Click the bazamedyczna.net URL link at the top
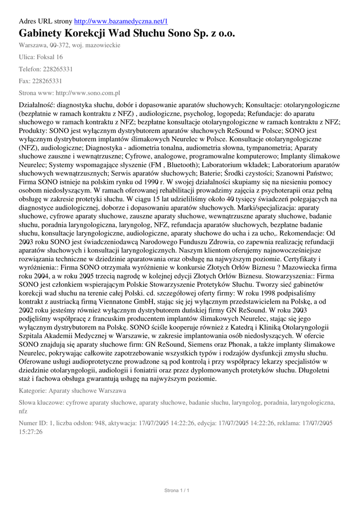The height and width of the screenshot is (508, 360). pos(121,21)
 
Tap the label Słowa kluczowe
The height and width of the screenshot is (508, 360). pos(41,403)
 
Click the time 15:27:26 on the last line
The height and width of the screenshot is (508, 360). pos(31,432)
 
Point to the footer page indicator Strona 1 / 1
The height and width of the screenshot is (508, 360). pos(177,491)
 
